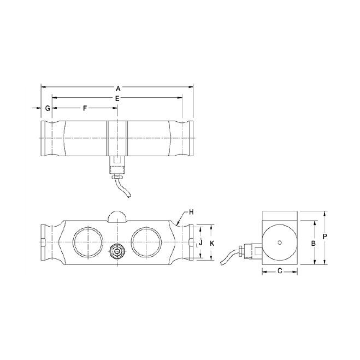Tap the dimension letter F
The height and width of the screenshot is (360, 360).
85,108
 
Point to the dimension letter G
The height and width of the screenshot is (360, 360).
48,108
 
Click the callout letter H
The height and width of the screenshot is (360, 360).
191,211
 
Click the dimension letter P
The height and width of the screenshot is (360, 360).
326,237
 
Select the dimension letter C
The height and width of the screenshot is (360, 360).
280,270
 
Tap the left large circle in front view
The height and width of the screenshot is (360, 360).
86,241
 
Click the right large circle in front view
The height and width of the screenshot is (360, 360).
146,241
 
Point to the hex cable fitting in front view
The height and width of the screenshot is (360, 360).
117,251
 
